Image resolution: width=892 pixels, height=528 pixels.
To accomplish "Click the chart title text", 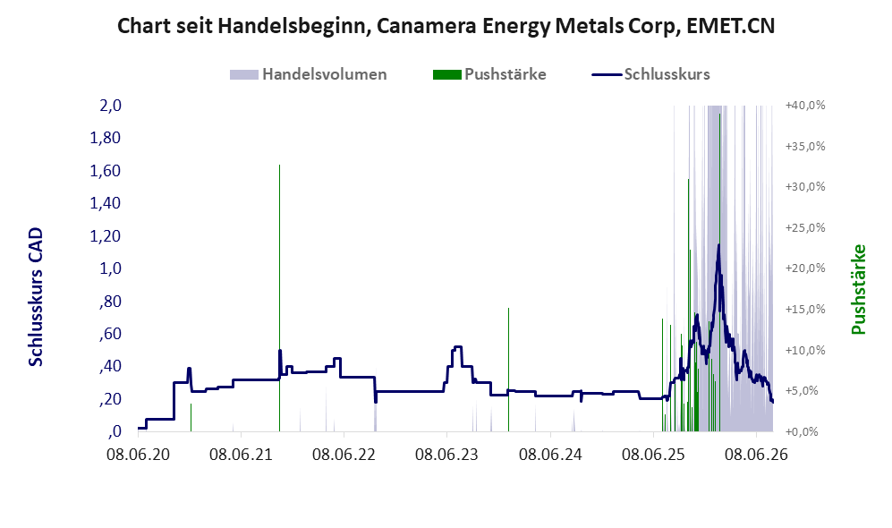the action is [x=446, y=26].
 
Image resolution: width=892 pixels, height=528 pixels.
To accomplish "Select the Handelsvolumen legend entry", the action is [x=309, y=74].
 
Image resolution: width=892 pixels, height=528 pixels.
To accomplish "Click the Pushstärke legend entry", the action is [x=489, y=74].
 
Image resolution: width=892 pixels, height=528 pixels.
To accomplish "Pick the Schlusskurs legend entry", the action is [x=650, y=74].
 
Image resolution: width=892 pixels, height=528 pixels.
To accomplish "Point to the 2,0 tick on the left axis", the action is [x=110, y=106].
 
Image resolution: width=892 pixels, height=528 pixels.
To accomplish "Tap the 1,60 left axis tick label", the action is [x=106, y=171].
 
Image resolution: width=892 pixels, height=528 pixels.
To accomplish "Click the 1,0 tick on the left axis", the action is [x=110, y=268].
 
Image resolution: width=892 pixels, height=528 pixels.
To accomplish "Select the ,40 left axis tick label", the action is [x=110, y=366].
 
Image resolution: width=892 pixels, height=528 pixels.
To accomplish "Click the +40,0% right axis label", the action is [x=805, y=106].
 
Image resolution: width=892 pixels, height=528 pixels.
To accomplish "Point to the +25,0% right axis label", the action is [x=805, y=227].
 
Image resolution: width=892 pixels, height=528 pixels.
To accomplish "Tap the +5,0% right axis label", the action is [x=805, y=391].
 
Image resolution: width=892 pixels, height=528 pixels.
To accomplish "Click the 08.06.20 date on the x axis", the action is [x=139, y=455].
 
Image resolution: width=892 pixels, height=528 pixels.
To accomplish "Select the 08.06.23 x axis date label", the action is [x=446, y=455].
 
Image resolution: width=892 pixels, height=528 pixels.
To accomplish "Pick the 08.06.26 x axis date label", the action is [x=756, y=455].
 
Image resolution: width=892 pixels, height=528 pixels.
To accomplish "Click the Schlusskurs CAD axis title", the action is [x=36, y=297].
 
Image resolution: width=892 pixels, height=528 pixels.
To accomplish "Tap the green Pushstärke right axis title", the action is [x=858, y=290].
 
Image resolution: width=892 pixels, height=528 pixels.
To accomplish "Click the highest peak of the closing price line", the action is [x=718, y=244].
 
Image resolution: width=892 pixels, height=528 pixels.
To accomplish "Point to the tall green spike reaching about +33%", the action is [x=279, y=298].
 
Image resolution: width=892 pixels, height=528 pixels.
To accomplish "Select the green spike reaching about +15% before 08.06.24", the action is [x=508, y=370].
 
